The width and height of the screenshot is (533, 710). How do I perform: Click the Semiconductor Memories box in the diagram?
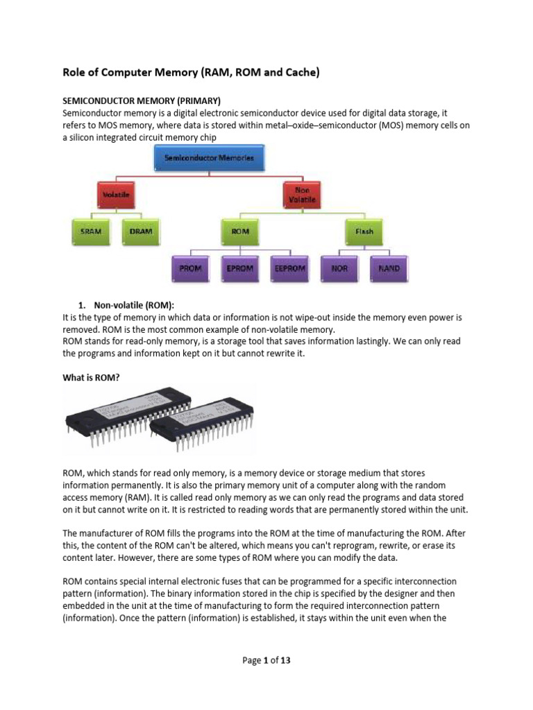[x=209, y=158]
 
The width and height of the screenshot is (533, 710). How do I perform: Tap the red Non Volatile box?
[x=302, y=195]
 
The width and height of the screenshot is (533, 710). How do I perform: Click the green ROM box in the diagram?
[x=240, y=232]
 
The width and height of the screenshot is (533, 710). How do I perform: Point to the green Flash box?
[x=364, y=232]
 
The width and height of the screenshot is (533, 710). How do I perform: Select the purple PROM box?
[x=190, y=268]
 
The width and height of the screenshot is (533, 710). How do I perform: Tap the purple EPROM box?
[x=239, y=268]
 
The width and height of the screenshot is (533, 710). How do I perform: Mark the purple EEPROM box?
[x=289, y=268]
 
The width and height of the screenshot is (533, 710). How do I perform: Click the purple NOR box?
[x=339, y=268]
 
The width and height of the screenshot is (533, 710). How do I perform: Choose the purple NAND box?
[x=389, y=268]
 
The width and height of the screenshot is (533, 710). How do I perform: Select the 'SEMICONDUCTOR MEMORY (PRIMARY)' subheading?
[x=141, y=101]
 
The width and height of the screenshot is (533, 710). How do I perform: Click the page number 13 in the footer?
[x=285, y=660]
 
